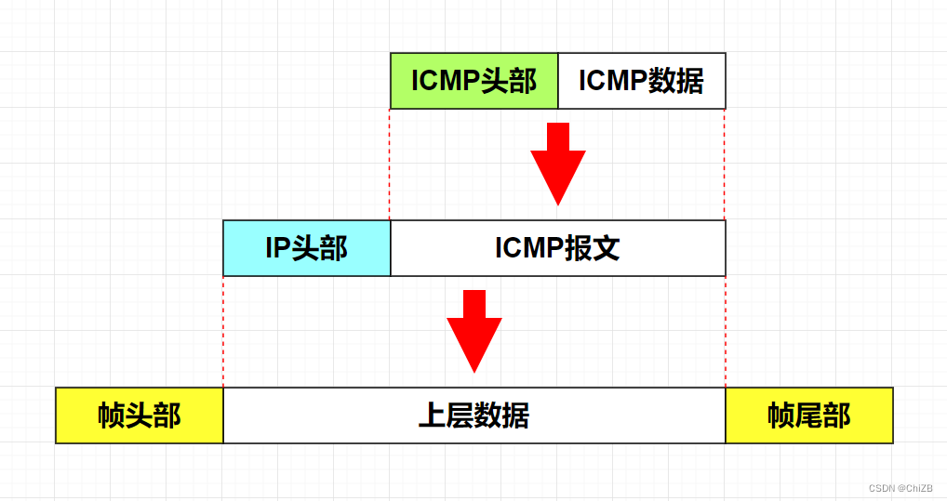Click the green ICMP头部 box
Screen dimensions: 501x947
click(474, 81)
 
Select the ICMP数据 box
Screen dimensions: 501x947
click(642, 81)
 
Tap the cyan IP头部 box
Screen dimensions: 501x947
click(307, 248)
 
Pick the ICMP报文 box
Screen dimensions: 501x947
click(558, 248)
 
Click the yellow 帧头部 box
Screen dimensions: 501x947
click(140, 415)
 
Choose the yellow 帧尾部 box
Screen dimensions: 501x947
click(809, 415)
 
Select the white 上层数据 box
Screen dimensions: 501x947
click(474, 415)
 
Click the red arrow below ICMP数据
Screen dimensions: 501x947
click(558, 163)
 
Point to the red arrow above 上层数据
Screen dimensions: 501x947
click(474, 330)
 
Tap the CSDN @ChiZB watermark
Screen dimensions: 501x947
click(900, 488)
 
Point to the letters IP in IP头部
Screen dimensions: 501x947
click(278, 248)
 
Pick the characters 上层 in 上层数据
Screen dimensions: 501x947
click(447, 415)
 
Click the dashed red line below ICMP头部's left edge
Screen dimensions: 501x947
click(390, 163)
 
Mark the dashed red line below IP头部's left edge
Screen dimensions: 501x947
click(223, 330)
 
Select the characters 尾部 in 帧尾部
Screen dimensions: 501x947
click(823, 415)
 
